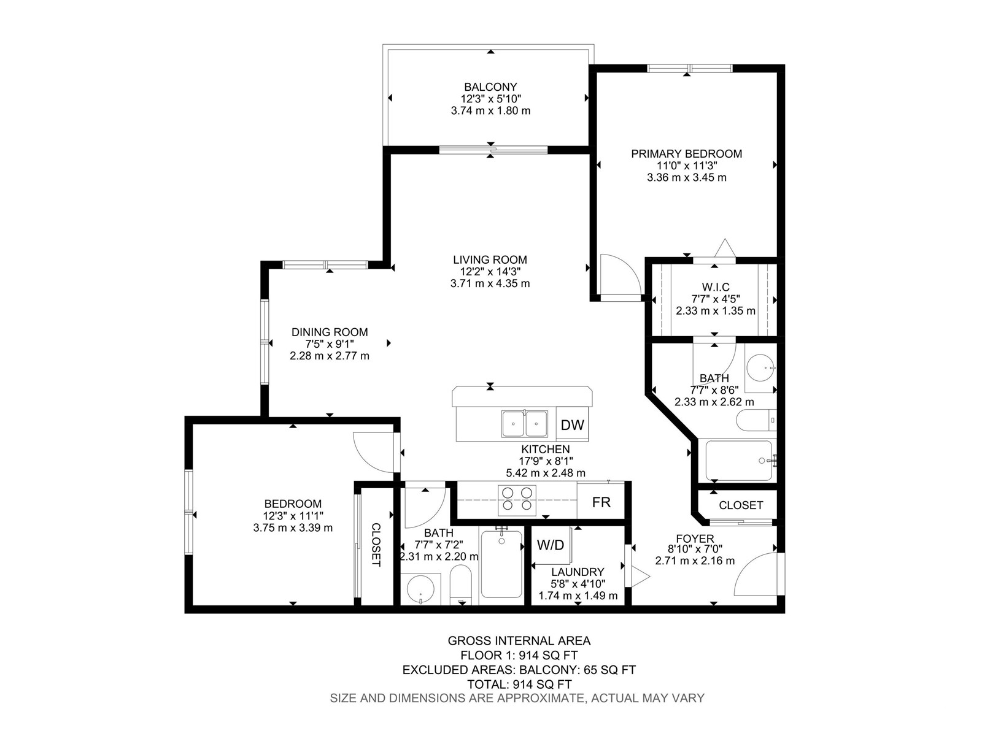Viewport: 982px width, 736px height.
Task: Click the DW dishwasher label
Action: point(572,425)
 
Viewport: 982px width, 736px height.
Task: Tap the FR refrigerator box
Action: point(601,502)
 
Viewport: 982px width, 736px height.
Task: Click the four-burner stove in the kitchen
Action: point(517,499)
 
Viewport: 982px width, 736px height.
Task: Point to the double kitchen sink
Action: point(524,424)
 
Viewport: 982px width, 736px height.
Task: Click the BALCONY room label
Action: point(490,86)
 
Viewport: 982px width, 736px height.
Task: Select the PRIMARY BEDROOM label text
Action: point(686,154)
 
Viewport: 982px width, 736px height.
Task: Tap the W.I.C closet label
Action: point(716,287)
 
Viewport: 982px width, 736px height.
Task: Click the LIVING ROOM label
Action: point(490,259)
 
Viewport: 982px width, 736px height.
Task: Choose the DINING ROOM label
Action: point(330,332)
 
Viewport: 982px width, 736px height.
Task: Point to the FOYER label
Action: point(695,539)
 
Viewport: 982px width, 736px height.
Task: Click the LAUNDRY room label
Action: point(578,572)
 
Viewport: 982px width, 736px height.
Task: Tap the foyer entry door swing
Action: point(756,574)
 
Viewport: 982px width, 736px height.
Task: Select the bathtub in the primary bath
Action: point(738,460)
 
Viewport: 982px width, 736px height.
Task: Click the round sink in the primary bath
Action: point(760,368)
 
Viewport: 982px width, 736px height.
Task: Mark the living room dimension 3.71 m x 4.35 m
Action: point(490,283)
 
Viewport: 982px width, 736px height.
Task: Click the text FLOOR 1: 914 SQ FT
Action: point(519,656)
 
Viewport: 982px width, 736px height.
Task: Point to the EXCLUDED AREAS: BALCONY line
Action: point(519,670)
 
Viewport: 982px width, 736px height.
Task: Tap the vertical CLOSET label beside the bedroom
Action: point(376,545)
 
